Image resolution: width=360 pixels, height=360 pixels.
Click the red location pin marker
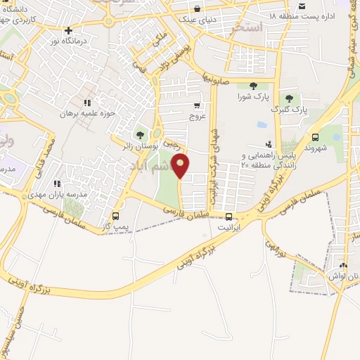pyautogui.click(x=181, y=166)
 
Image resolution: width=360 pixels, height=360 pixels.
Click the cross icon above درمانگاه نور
pyautogui.click(x=67, y=31)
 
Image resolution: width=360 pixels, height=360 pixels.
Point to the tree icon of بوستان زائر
pyautogui.click(x=140, y=134)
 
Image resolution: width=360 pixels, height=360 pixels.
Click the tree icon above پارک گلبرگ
pyautogui.click(x=288, y=98)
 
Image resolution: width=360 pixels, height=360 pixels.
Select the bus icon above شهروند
pyautogui.click(x=314, y=138)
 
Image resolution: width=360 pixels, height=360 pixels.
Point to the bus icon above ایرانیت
pyautogui.click(x=229, y=217)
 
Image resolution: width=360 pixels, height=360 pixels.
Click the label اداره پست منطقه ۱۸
pyautogui.click(x=302, y=13)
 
